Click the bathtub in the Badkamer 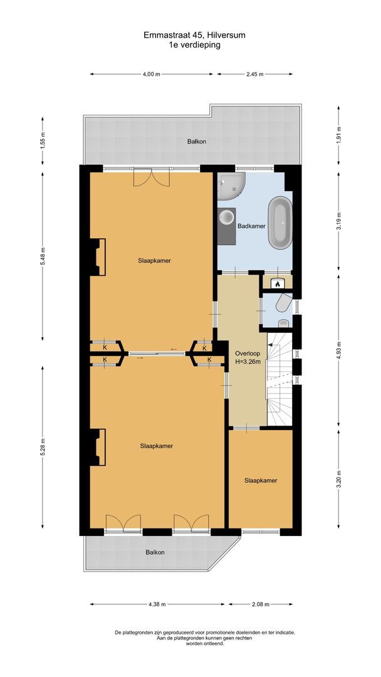280,222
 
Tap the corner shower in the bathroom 230,186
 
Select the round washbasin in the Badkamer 226,218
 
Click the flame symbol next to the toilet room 276,284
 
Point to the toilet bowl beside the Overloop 282,305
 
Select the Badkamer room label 251,226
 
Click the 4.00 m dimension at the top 150,74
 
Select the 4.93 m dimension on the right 338,352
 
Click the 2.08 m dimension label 260,604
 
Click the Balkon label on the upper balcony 196,142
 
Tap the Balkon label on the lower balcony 155,552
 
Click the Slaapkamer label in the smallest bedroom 261,481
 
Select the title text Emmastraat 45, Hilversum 194,36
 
